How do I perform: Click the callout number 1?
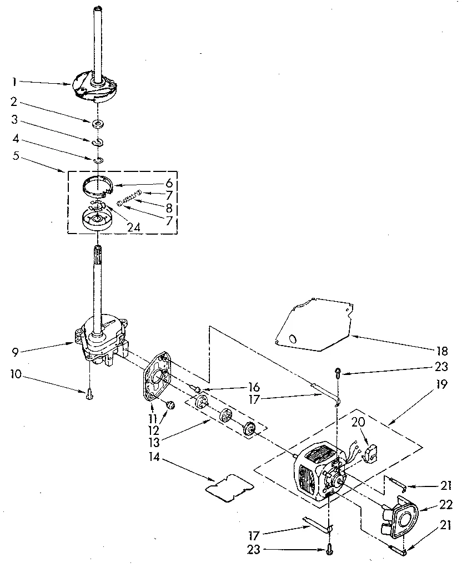[14, 83]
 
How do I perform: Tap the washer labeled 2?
[97, 123]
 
